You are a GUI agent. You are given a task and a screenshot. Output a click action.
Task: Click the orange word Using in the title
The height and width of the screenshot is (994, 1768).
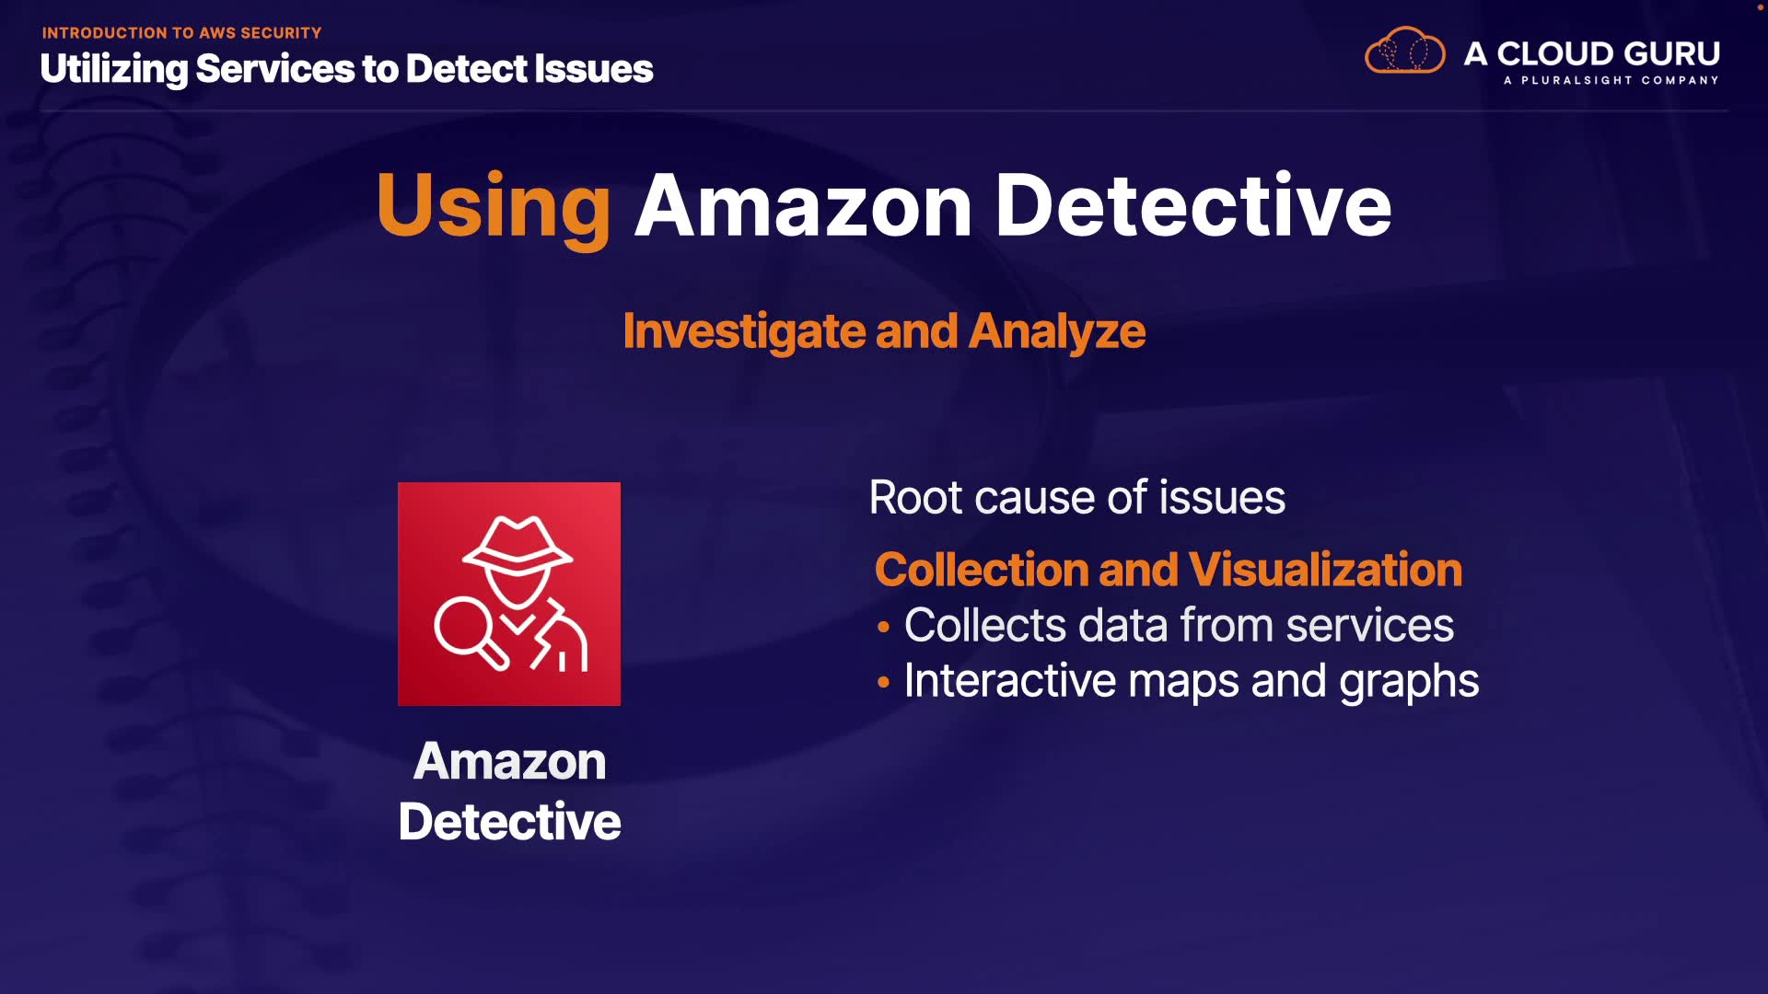click(494, 206)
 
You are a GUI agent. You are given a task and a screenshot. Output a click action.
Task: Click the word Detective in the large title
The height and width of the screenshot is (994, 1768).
click(1192, 206)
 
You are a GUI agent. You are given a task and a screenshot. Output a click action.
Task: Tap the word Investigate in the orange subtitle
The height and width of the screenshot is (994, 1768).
click(743, 331)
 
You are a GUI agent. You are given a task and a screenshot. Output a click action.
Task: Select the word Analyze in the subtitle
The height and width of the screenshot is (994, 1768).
click(1057, 331)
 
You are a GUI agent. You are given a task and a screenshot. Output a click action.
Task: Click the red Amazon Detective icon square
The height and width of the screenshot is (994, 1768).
click(509, 594)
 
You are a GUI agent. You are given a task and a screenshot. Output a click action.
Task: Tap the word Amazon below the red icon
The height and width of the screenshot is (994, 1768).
click(509, 762)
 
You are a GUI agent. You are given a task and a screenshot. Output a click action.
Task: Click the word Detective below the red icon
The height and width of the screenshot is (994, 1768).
click(509, 821)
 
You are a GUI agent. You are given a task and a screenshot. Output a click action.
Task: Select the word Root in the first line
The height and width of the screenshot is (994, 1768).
click(915, 498)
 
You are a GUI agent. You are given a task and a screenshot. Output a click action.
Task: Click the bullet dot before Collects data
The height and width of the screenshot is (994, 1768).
click(883, 628)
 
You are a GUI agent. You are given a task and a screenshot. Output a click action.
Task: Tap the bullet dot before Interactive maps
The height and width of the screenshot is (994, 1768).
click(883, 683)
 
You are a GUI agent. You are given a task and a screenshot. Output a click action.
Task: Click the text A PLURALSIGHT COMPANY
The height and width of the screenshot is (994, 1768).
click(1611, 81)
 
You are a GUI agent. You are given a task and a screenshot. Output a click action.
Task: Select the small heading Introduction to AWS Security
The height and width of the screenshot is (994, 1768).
click(181, 33)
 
